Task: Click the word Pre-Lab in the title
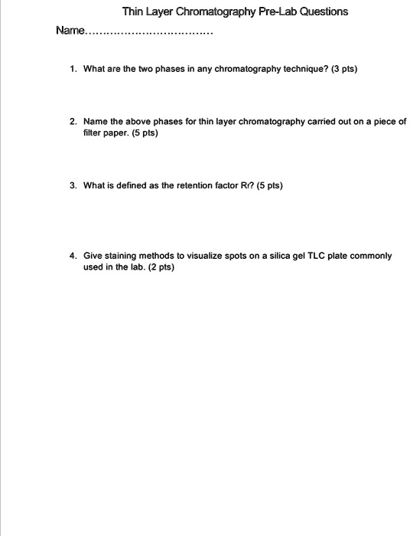tap(270, 11)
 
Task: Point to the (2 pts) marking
tap(160, 267)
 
